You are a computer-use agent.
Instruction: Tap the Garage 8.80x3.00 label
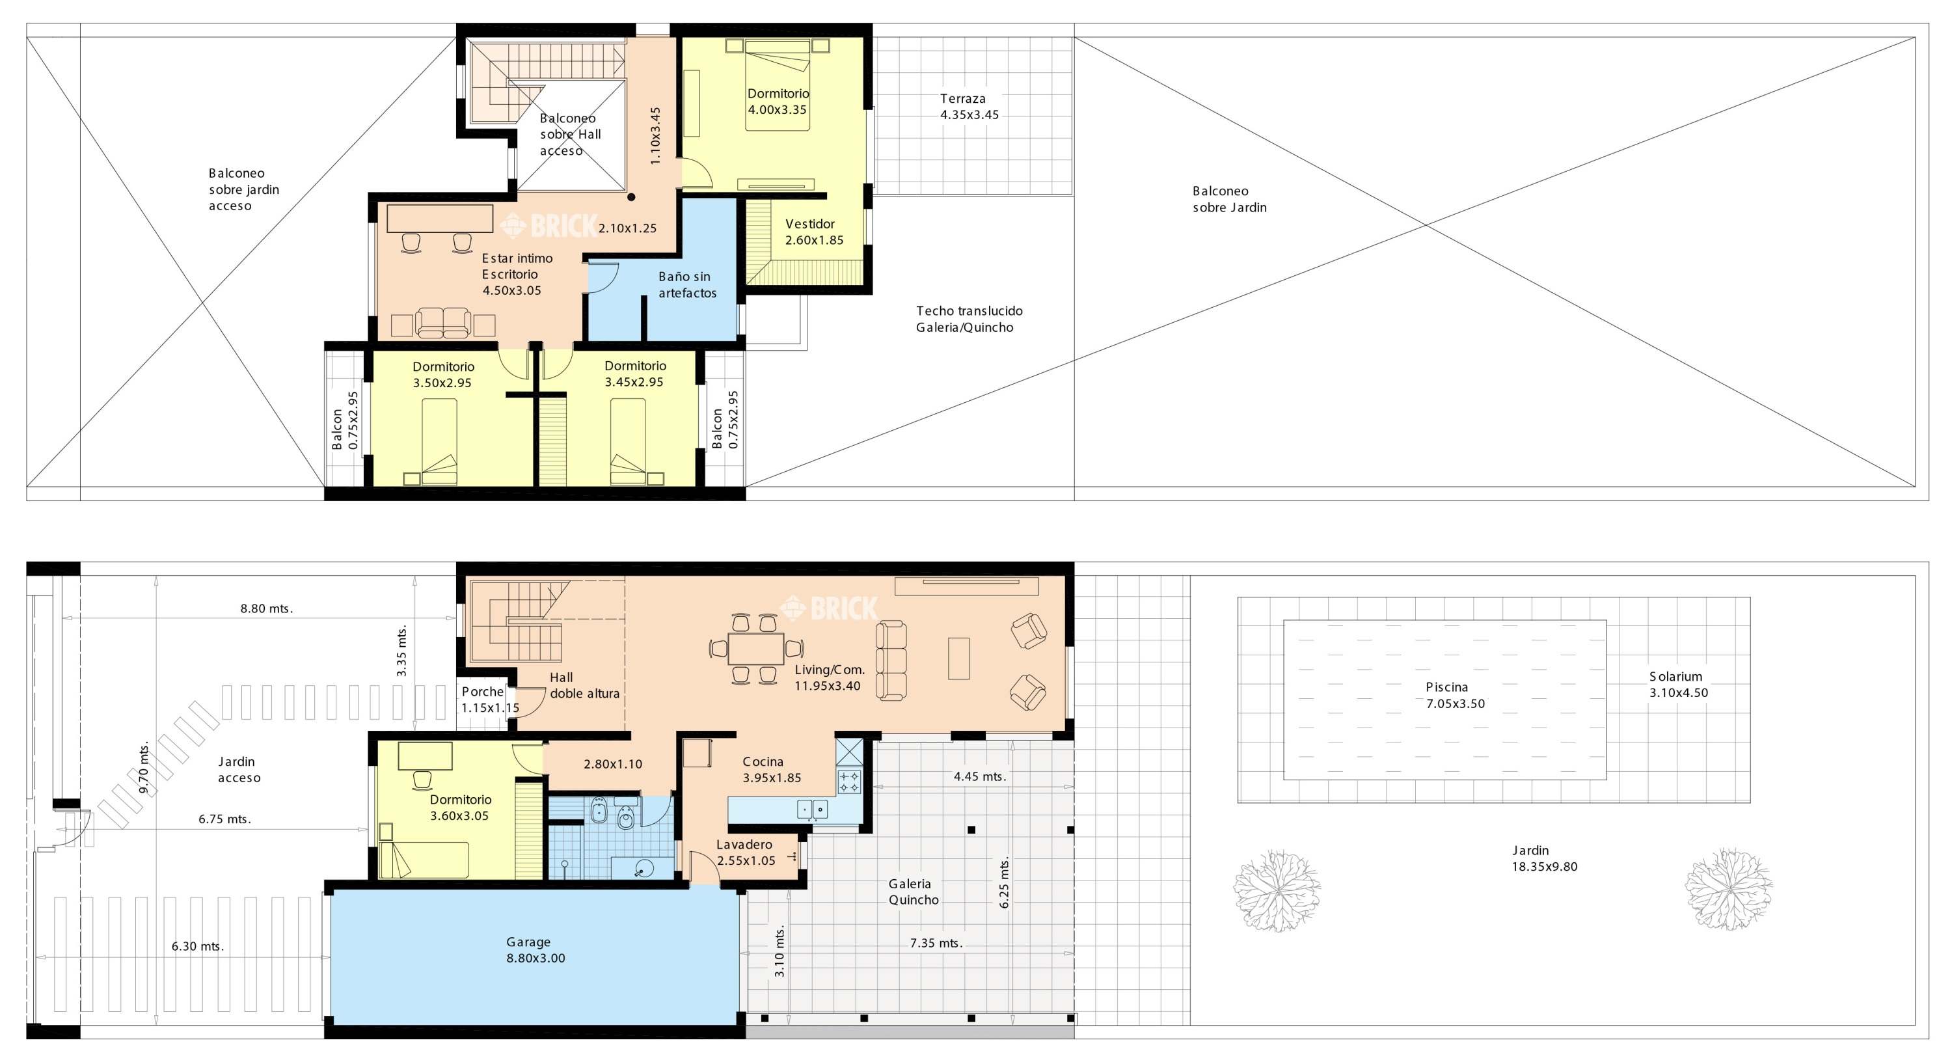point(535,949)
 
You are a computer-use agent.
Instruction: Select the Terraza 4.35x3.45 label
point(969,107)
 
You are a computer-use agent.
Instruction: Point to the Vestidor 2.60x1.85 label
point(814,232)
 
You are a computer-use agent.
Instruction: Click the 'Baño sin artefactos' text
point(686,284)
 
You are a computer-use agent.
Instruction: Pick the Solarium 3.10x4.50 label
point(1679,685)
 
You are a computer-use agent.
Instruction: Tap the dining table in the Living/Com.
point(756,649)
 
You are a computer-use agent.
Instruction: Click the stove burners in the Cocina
point(848,782)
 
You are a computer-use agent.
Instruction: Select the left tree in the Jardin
point(1277,890)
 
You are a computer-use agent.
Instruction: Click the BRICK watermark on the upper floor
point(549,225)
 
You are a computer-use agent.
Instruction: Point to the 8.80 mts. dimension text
point(266,608)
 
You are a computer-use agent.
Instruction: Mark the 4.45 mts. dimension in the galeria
point(979,777)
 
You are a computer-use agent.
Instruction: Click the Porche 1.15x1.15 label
point(490,700)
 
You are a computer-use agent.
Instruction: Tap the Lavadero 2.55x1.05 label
point(746,853)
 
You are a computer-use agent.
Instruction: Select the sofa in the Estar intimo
point(443,323)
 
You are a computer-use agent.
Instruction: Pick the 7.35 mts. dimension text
point(936,944)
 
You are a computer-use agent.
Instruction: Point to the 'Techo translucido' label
point(969,310)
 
